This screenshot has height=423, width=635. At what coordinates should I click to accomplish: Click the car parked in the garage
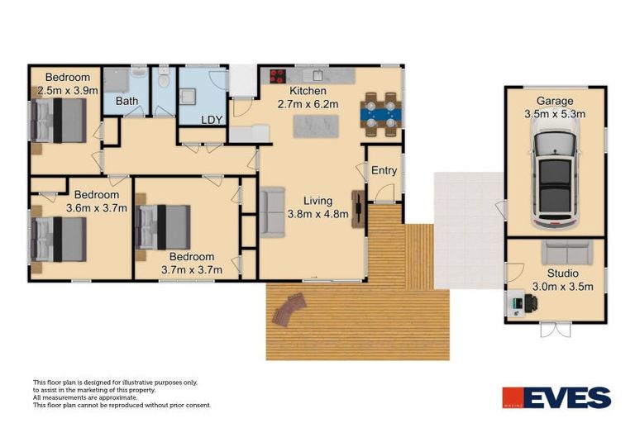pos(555,176)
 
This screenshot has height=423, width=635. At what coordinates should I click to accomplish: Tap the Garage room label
pos(554,102)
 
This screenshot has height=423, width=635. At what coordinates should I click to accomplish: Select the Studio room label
pos(562,273)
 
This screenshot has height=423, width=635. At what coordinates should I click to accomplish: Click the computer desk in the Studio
pos(521,304)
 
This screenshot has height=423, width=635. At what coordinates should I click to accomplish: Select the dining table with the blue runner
pos(380,113)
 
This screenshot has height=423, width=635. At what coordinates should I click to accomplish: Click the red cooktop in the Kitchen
pos(275,75)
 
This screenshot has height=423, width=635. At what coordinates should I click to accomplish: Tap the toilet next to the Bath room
pos(165,81)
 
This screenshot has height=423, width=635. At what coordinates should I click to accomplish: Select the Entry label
pos(384,171)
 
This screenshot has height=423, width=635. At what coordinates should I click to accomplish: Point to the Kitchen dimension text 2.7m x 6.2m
pos(308,104)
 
